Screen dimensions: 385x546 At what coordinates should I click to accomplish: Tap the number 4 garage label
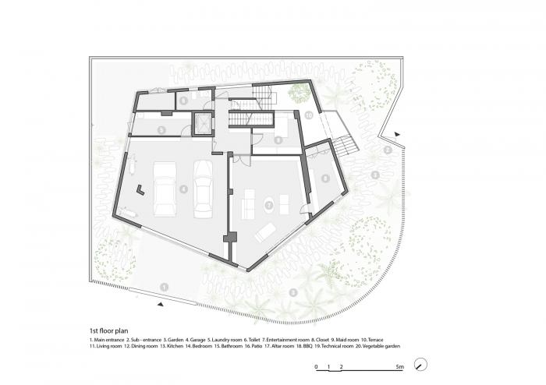coord(183,189)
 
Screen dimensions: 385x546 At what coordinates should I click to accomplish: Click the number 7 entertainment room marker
coord(268,205)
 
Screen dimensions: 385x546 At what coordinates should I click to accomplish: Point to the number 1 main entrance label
coord(164,288)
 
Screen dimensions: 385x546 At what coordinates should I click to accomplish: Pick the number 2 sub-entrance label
coord(387,150)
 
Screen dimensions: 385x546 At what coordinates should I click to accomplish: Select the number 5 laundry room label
coord(160,129)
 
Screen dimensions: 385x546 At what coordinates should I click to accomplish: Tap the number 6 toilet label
coord(183,101)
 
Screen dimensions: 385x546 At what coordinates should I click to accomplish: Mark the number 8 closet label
coord(324,178)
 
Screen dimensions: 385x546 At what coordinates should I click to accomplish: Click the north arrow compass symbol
coord(422,365)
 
